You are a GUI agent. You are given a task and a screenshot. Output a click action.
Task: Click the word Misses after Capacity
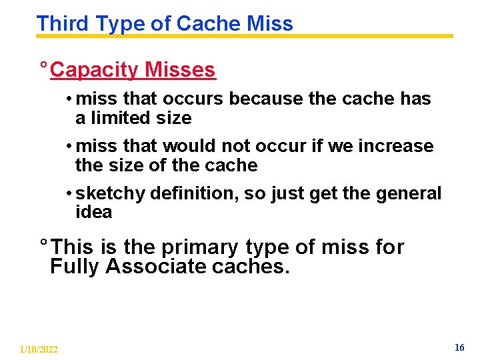click(x=180, y=70)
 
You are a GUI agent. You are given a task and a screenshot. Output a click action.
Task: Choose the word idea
click(x=93, y=213)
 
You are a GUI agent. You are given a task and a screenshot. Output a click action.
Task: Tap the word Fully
click(x=75, y=267)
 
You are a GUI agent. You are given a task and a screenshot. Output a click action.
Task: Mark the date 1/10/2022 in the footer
click(x=39, y=349)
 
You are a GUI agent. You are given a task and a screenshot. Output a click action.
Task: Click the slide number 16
click(x=459, y=347)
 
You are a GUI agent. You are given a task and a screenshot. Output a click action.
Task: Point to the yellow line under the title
click(x=373, y=36)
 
